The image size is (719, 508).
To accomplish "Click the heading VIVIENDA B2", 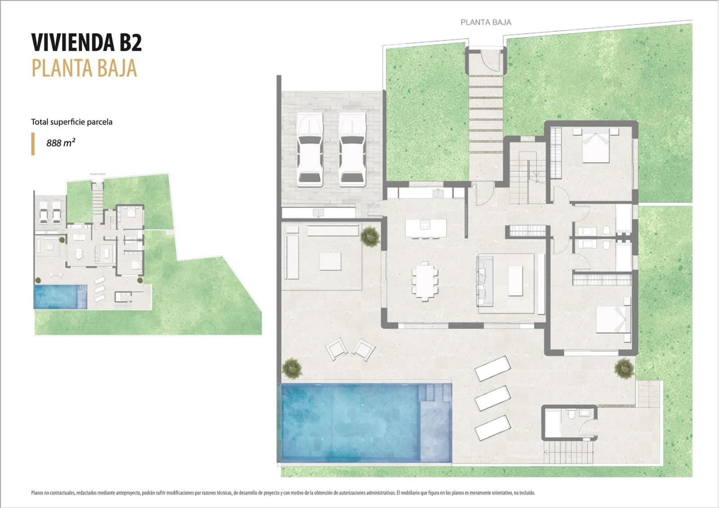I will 86,43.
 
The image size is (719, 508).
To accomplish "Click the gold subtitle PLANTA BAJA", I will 84,68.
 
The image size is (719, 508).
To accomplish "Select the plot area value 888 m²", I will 61,143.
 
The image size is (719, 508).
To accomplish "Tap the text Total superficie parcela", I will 71,122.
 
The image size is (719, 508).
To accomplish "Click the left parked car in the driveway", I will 310,150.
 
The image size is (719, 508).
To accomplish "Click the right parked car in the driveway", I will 351,150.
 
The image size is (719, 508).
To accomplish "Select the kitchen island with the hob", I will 426,228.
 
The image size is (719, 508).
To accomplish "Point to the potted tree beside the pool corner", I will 292,368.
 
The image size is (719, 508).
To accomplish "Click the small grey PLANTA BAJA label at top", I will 486,22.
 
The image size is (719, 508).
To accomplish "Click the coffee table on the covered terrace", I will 330,261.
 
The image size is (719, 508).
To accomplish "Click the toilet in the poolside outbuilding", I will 571,414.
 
